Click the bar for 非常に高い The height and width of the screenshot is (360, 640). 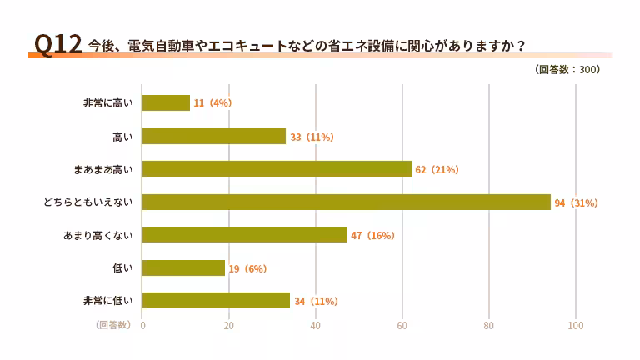(x=167, y=103)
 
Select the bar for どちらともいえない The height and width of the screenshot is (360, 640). (x=347, y=202)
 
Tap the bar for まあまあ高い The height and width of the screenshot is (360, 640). (x=277, y=169)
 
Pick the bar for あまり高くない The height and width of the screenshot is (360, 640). (x=245, y=235)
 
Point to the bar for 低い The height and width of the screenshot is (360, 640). (x=184, y=268)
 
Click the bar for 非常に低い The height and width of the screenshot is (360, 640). (x=217, y=301)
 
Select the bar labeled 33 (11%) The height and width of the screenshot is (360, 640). (x=214, y=137)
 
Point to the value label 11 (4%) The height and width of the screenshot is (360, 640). (x=212, y=103)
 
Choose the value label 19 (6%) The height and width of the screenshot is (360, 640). (x=247, y=268)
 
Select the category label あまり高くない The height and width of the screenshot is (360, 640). (x=98, y=235)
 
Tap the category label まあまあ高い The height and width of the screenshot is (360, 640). (x=103, y=169)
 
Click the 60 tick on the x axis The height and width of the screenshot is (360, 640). (x=402, y=326)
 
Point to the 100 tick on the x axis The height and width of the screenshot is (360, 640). (x=576, y=326)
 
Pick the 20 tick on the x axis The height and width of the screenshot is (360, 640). (x=229, y=326)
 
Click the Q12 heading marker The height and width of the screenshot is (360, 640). (x=57, y=45)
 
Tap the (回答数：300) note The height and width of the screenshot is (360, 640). (x=567, y=70)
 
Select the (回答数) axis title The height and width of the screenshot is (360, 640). (x=112, y=325)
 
